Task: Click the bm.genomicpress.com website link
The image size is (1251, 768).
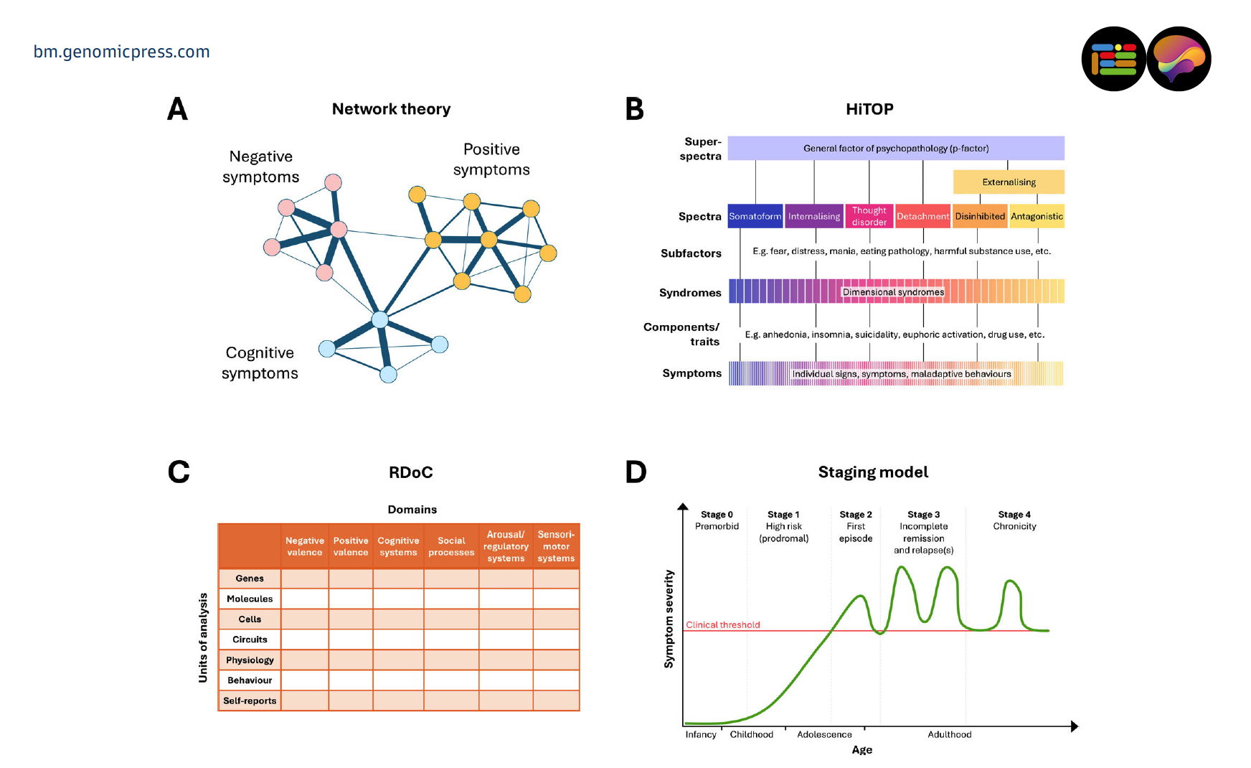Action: pos(121,52)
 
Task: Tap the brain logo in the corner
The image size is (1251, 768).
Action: pos(1179,59)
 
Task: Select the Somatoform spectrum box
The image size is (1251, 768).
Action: pos(755,216)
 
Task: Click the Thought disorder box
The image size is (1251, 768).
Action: pos(869,216)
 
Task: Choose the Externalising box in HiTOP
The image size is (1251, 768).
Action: pos(1008,182)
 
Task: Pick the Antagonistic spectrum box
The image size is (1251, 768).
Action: pos(1037,216)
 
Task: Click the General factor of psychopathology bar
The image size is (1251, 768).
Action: pos(895,149)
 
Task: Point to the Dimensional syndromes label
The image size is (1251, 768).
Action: pos(893,292)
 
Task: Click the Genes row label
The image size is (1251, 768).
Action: pos(250,579)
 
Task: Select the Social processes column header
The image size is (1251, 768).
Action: pos(451,547)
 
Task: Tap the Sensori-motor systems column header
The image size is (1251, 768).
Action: pos(556,547)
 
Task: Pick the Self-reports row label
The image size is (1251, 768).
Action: pos(250,701)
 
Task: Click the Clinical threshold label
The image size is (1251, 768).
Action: pos(722,624)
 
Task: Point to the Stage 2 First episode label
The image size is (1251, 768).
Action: pos(856,526)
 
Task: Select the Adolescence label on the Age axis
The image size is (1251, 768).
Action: pos(824,734)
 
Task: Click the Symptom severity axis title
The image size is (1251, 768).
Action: pos(669,619)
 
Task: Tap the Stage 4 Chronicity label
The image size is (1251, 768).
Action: pos(1014,520)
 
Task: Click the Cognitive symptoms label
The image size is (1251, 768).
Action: pos(260,363)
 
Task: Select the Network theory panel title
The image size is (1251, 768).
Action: pos(391,109)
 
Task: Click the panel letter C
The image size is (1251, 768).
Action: pos(179,472)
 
